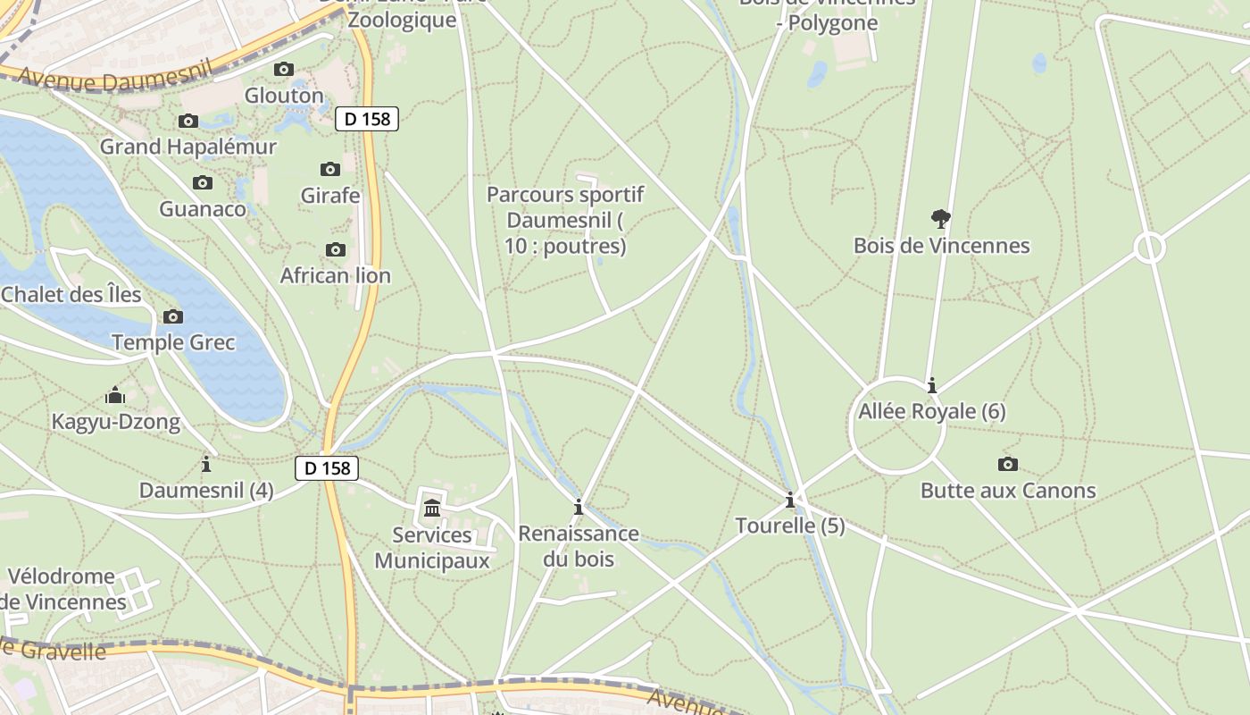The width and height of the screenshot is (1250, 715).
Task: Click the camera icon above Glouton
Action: (x=284, y=69)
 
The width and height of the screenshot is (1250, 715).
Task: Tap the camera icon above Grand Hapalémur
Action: (x=188, y=121)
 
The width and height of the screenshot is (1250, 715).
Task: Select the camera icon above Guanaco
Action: (x=203, y=182)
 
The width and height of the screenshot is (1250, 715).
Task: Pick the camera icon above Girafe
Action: (x=330, y=169)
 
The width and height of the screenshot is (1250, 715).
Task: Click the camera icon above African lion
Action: (x=336, y=249)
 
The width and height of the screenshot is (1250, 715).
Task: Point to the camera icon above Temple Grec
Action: (x=173, y=316)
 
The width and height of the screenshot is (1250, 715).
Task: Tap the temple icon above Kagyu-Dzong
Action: (x=115, y=395)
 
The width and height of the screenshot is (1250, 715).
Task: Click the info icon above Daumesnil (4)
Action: (x=206, y=464)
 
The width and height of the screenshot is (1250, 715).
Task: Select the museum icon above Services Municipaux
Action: (x=432, y=509)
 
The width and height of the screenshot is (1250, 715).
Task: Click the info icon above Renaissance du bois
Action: (x=579, y=507)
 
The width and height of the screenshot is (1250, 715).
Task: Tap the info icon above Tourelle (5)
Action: (x=789, y=499)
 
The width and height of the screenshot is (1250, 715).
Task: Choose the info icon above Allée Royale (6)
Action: (x=932, y=385)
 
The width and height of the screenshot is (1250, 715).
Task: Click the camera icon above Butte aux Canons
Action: (x=1008, y=464)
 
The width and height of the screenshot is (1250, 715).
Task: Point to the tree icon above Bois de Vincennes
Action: (x=940, y=218)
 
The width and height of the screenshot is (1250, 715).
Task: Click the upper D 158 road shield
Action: (x=367, y=118)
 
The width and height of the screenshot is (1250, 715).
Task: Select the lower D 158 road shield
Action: (x=327, y=467)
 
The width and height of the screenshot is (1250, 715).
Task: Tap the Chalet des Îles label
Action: (x=71, y=294)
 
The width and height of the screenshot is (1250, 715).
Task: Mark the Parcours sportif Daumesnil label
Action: (x=565, y=220)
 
